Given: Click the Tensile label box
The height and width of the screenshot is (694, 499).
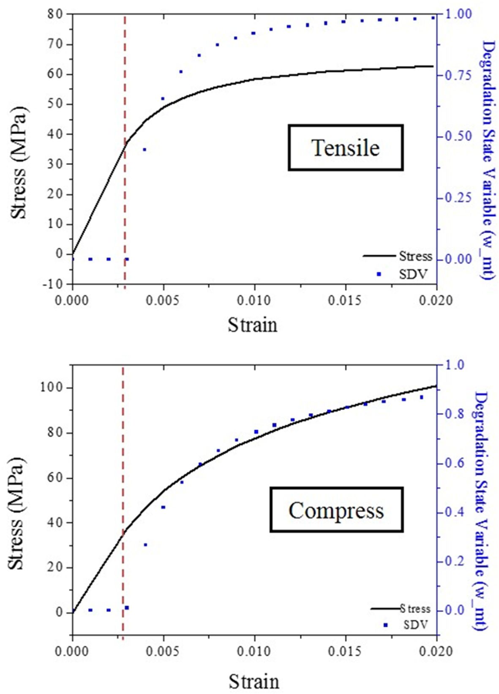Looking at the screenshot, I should pyautogui.click(x=345, y=148).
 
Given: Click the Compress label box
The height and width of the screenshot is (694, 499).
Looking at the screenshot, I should pyautogui.click(x=336, y=510).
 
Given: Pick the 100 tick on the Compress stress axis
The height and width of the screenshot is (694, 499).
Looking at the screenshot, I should pyautogui.click(x=52, y=388).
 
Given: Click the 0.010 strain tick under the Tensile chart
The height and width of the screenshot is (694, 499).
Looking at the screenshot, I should pyautogui.click(x=254, y=301).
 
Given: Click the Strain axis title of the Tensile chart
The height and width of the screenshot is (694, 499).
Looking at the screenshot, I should pyautogui.click(x=253, y=325).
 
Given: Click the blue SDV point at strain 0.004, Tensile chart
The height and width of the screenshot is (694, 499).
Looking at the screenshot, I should pyautogui.click(x=145, y=150).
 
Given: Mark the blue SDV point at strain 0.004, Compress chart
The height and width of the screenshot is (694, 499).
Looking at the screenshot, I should pyautogui.click(x=145, y=545).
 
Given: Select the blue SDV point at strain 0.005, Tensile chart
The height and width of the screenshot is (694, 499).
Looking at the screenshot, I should pyautogui.click(x=163, y=98).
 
